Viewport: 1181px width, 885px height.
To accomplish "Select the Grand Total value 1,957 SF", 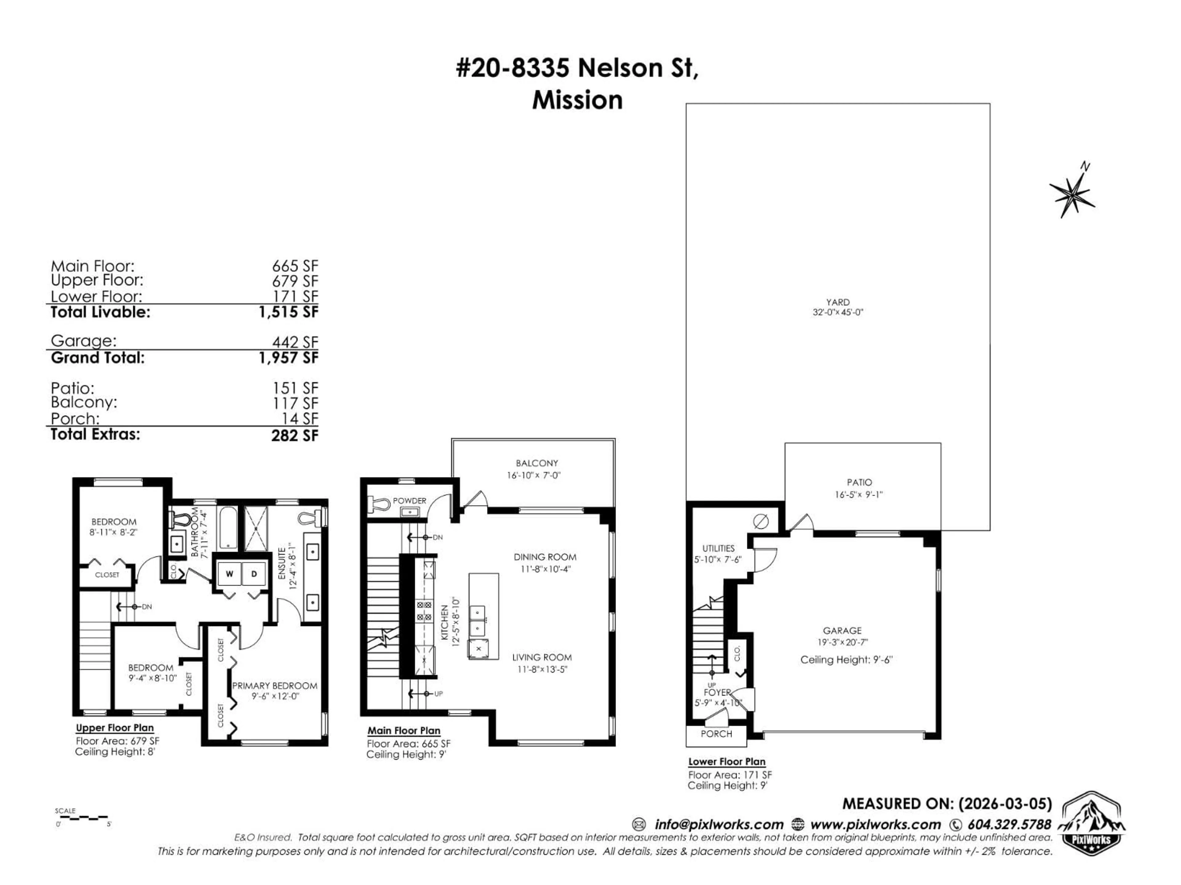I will (x=288, y=357).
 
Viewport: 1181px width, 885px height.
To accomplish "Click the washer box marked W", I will (x=229, y=574).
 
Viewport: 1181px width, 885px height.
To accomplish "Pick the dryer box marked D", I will (x=254, y=574).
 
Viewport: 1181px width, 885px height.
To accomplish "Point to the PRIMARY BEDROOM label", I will (x=274, y=686).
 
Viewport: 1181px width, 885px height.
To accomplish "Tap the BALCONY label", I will (x=537, y=463).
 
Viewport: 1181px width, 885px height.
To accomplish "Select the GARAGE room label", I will (x=842, y=631).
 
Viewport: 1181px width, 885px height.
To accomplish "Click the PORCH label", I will (x=716, y=734).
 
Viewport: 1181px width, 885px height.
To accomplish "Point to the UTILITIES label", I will (x=718, y=549).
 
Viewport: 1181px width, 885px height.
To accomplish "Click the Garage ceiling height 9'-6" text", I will (x=846, y=660).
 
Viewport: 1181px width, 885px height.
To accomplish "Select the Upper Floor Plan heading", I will (x=115, y=728).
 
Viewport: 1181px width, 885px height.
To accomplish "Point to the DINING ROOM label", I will (x=545, y=557).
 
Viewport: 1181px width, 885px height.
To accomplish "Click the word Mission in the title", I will (x=577, y=100).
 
